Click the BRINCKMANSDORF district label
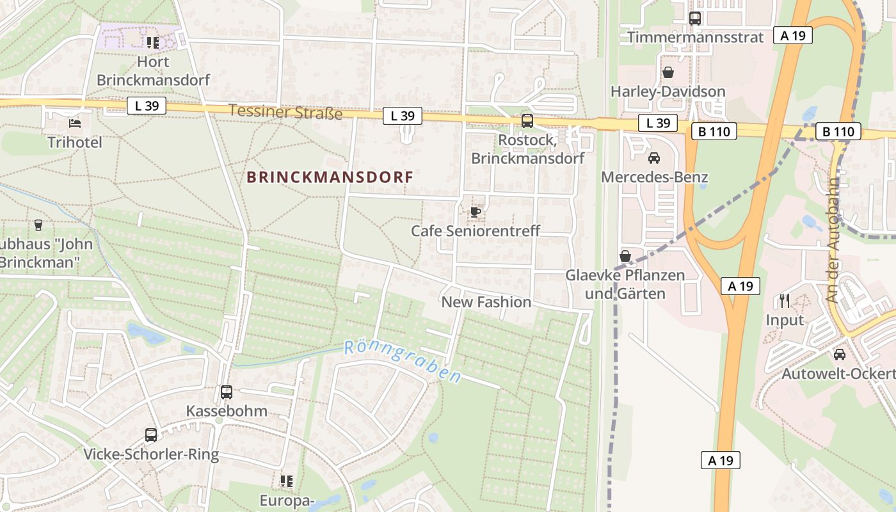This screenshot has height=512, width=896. coord(330,177)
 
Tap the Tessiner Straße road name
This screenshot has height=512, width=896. coord(285,111)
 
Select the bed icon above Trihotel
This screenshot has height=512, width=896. coord(75,123)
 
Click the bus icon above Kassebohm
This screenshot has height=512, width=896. coord(227,392)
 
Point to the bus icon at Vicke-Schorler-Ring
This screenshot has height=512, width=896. coord(151,435)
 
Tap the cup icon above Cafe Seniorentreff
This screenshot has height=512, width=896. coord(475,212)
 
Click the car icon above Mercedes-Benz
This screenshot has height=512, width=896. coord(654,157)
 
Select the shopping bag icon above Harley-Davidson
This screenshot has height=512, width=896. coord(668,72)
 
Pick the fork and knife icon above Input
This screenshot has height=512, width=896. coord(785,300)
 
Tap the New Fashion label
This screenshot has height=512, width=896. coord(486,302)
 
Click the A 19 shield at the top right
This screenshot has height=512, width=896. coord(793,35)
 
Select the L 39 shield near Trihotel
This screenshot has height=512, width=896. coord(147,106)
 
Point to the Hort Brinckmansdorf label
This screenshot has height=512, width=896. coord(154,71)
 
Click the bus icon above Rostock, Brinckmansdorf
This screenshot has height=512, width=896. coord(527,120)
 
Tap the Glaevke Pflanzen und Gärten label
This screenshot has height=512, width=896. coord(625,285)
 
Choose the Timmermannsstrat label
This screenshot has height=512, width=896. coord(695,37)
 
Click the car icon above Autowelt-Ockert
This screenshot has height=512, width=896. coord(839,354)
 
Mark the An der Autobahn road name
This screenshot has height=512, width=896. coord(831,241)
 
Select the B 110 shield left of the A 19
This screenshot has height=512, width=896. coord(714,132)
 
